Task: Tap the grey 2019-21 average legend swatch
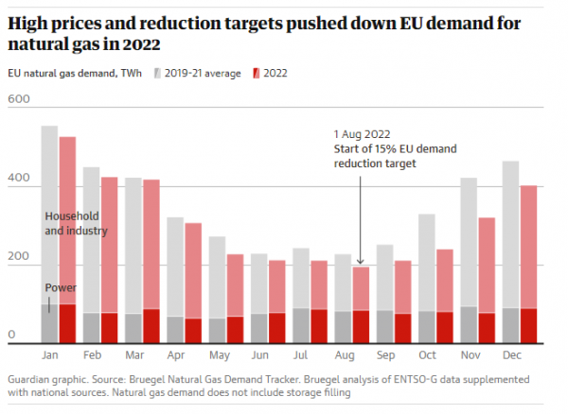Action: pyautogui.click(x=156, y=73)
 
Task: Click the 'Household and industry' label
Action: pyautogui.click(x=76, y=223)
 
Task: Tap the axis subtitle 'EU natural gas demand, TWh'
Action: pyautogui.click(x=75, y=73)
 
